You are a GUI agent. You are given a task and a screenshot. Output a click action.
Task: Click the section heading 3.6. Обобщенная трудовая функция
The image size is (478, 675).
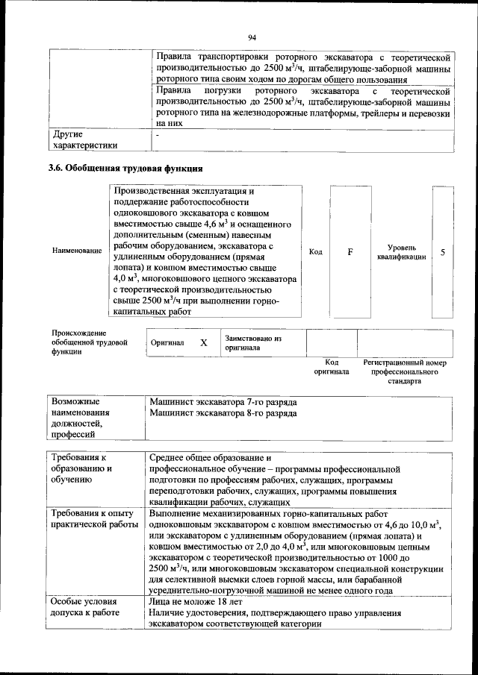(125, 168)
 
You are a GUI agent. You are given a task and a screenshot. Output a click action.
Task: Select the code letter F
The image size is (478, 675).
(350, 252)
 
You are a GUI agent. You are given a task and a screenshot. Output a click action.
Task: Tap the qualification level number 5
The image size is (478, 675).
(443, 252)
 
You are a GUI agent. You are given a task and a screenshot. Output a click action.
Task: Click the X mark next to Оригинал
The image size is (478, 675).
(203, 343)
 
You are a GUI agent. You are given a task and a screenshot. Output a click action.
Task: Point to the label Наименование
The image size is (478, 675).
(77, 251)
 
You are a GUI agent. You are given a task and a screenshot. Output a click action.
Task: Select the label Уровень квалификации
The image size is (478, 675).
(402, 251)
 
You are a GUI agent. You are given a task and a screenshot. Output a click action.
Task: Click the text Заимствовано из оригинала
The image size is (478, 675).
(252, 343)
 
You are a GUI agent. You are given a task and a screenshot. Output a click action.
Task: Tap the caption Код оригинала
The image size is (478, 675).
(331, 366)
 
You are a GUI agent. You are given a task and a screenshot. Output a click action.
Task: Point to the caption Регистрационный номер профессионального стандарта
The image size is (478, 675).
(404, 371)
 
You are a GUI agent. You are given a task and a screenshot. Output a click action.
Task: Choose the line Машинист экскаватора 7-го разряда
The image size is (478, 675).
(223, 401)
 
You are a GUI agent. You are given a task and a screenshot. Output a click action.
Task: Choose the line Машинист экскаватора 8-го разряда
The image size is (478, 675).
(223, 412)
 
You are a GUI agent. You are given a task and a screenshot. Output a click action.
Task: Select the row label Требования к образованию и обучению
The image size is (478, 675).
(80, 468)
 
